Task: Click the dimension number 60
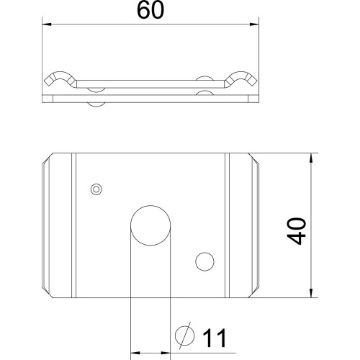tap(150, 11)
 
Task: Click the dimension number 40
tap(297, 231)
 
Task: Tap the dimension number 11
tap(215, 338)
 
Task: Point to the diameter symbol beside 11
tap(185, 336)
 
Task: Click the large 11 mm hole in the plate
tap(150, 225)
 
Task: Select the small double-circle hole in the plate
tap(96, 189)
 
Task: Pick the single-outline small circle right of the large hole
tap(204, 261)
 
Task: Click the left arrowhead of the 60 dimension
tap(47, 24)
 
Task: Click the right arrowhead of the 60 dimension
tap(254, 24)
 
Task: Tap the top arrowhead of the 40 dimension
tap(311, 158)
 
